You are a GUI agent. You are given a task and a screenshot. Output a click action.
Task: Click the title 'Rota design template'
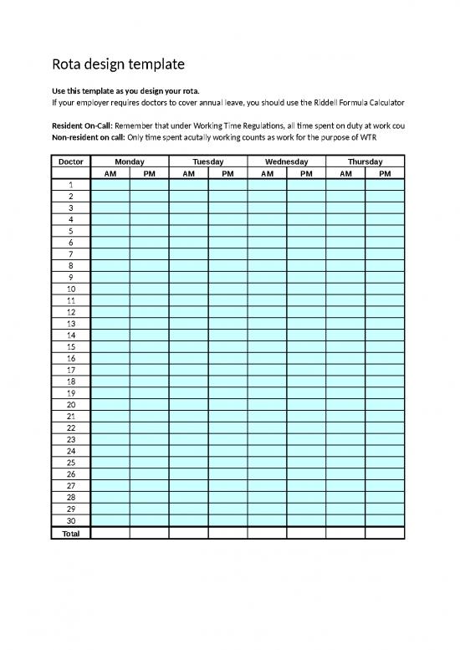pyautogui.click(x=118, y=64)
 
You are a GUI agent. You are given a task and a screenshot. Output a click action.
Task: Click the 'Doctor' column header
pyautogui.click(x=71, y=161)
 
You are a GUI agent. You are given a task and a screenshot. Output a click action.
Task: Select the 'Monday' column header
pyautogui.click(x=130, y=161)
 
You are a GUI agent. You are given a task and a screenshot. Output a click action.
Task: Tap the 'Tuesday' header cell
pyautogui.click(x=208, y=161)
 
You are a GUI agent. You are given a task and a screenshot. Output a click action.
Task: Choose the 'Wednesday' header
pyautogui.click(x=286, y=161)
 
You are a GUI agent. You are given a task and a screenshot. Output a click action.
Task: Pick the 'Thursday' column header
pyautogui.click(x=365, y=161)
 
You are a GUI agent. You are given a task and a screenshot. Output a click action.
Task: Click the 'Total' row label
pyautogui.click(x=71, y=532)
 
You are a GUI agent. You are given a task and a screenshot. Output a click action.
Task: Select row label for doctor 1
pyautogui.click(x=71, y=185)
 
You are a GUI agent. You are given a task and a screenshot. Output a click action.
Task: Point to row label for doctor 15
pyautogui.click(x=71, y=345)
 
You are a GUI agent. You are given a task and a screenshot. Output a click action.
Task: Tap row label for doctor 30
pyautogui.click(x=71, y=520)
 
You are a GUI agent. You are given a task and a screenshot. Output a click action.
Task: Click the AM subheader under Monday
pyautogui.click(x=110, y=174)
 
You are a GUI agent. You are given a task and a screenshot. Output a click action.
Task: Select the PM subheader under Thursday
pyautogui.click(x=385, y=174)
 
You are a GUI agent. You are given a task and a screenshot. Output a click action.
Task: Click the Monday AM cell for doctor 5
pyautogui.click(x=110, y=231)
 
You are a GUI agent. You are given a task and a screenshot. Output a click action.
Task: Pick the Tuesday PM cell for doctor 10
pyautogui.click(x=227, y=289)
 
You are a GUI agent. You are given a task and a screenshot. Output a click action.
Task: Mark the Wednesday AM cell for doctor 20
pyautogui.click(x=267, y=404)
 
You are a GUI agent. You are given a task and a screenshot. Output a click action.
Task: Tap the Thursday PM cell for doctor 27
pyautogui.click(x=385, y=485)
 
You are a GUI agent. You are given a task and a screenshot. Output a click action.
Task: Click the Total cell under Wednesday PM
pyautogui.click(x=306, y=532)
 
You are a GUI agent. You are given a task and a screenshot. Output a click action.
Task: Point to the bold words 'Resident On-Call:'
pyautogui.click(x=81, y=125)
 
